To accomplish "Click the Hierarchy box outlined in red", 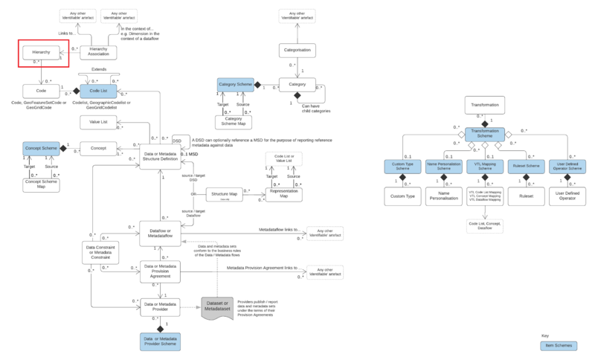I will [40, 54].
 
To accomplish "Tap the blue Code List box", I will [97, 91].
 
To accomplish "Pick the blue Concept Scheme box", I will [41, 148].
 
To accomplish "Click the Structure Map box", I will [225, 195].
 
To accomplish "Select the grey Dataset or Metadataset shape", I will [222, 306].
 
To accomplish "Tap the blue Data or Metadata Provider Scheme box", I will [161, 341].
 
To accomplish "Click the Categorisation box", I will [298, 51].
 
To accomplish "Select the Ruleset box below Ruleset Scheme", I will [526, 197].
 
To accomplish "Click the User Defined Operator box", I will [567, 197].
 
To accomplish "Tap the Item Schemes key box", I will [558, 345].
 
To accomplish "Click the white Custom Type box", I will [402, 197].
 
